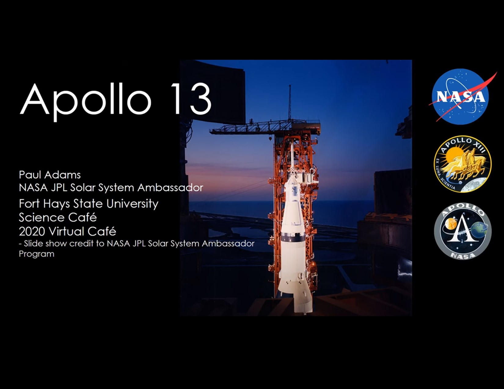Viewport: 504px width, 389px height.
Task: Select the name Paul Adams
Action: click(x=49, y=175)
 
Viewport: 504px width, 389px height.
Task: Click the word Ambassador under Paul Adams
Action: click(x=170, y=188)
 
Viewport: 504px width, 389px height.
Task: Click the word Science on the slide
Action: click(x=38, y=217)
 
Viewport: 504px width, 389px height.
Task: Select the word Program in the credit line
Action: click(x=37, y=254)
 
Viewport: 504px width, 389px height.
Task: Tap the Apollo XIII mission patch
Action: click(x=462, y=164)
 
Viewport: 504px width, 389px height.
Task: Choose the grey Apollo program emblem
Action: click(x=462, y=231)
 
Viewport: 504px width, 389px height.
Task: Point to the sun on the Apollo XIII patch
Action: click(x=453, y=156)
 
